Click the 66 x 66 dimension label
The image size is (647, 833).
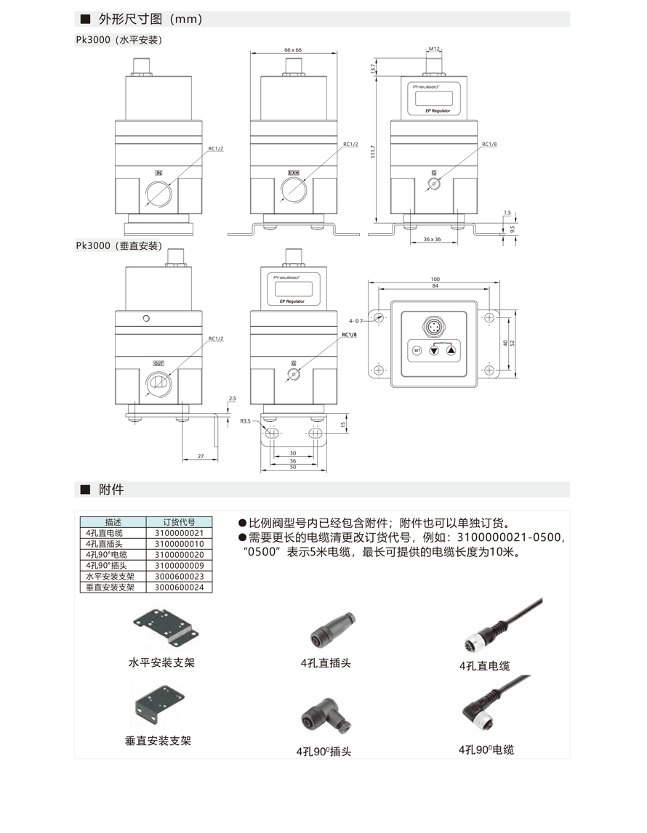294,49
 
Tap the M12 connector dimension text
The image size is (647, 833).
434,49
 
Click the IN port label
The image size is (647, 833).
158,173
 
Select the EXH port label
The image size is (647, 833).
294,173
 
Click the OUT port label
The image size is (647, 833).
158,362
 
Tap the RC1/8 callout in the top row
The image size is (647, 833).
489,145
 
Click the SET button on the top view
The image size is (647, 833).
417,350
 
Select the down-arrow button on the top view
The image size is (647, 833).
434,350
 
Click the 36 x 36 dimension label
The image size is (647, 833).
433,239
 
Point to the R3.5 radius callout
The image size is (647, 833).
245,420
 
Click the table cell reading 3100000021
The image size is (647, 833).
179,532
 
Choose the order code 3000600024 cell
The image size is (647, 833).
179,587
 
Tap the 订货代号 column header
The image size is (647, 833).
179,521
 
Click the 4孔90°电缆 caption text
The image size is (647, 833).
486,749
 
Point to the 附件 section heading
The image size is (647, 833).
111,489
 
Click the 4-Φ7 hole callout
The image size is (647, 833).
355,320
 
